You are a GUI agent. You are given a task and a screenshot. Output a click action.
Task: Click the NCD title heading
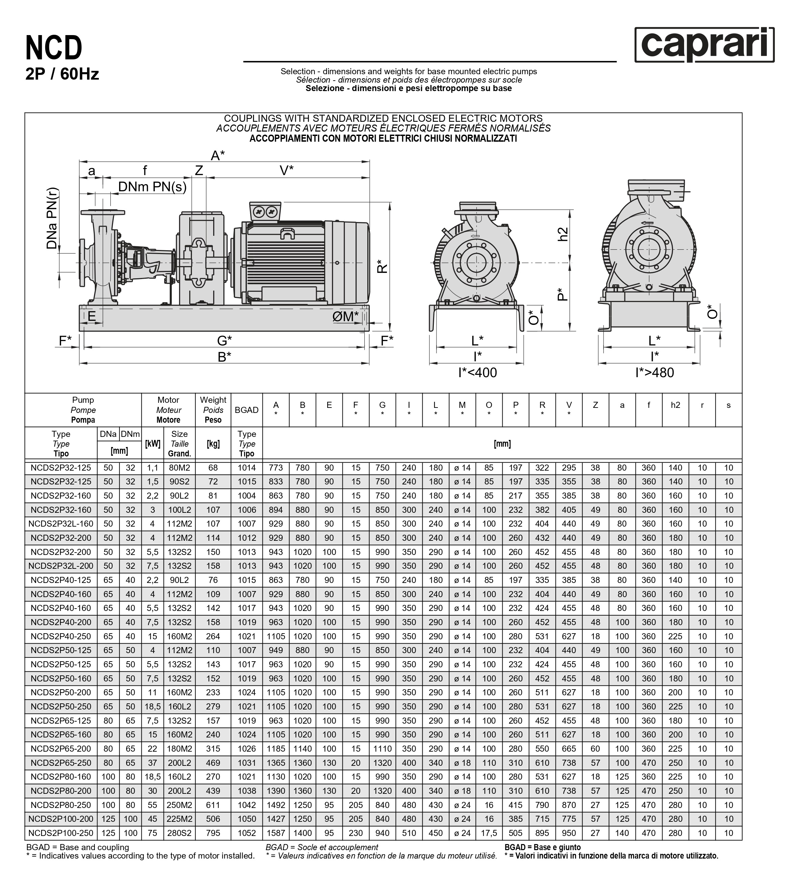tap(54, 48)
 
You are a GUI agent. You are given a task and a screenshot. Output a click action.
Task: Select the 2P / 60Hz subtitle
tap(62, 74)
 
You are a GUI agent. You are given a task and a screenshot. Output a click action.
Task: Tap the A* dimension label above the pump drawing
tap(218, 156)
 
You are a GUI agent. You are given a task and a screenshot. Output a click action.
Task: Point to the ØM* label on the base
tap(345, 316)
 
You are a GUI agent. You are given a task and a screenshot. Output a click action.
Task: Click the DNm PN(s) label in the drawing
tap(152, 187)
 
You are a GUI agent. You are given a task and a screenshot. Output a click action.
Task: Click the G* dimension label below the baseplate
tap(224, 340)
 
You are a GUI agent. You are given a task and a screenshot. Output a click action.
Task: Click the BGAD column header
tap(247, 410)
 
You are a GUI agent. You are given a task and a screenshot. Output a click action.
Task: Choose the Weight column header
tap(213, 410)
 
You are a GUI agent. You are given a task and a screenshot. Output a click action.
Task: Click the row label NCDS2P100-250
tap(61, 833)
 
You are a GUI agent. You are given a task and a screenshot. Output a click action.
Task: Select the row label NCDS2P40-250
tap(61, 636)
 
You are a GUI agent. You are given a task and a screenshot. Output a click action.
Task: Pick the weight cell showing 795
tap(213, 833)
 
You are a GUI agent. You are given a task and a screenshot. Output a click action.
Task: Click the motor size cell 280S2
tap(179, 833)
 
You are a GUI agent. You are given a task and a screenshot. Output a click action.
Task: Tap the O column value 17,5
tap(489, 833)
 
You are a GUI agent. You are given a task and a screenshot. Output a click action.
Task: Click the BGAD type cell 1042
tap(247, 805)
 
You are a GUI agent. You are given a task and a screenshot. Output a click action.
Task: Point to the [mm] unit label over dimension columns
tap(502, 444)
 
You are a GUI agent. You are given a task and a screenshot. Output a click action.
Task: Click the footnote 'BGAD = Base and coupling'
tap(78, 847)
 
